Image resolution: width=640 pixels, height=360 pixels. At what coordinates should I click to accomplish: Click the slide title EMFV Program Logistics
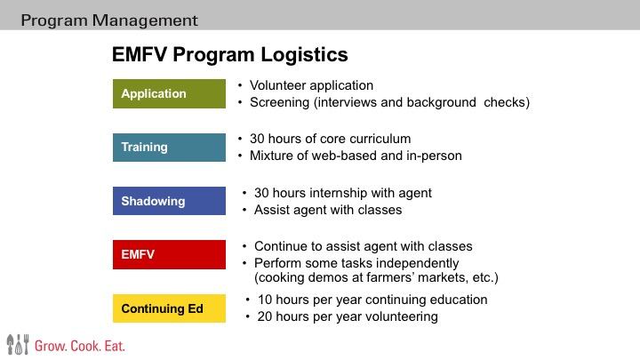click(229, 55)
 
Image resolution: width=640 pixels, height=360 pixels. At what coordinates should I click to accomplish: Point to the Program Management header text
click(109, 20)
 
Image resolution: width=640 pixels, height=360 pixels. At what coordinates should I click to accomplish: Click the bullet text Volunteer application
click(311, 85)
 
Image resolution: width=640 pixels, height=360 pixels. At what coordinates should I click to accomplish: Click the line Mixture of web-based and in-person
click(356, 156)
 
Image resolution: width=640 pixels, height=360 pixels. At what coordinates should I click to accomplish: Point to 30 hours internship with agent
click(343, 193)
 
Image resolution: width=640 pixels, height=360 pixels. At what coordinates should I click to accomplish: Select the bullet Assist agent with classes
click(328, 210)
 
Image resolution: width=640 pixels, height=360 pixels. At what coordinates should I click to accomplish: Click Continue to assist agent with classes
click(363, 246)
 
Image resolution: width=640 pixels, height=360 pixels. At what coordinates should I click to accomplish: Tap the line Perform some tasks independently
click(356, 263)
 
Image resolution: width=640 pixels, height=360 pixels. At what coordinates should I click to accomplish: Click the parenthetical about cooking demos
click(376, 278)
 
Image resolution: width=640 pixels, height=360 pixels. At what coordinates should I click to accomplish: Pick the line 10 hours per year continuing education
click(372, 300)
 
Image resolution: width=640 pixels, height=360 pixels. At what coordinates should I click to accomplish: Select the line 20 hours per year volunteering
click(348, 316)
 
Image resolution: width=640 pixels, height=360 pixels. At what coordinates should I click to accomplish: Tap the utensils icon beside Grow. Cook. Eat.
click(18, 344)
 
